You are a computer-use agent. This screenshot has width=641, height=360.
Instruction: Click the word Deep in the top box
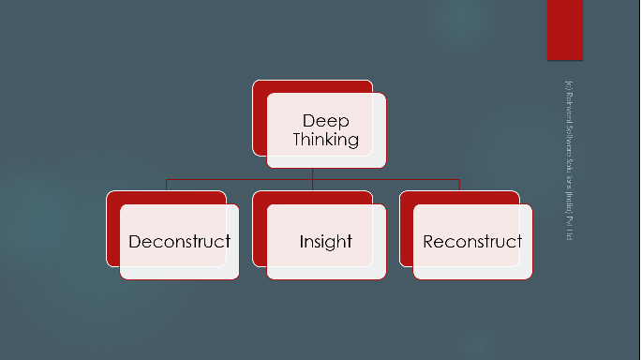click(x=325, y=121)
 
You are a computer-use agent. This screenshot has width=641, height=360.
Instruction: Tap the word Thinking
click(x=325, y=140)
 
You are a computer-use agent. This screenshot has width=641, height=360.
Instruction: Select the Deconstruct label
click(x=179, y=241)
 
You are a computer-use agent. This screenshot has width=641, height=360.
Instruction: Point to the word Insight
click(x=325, y=241)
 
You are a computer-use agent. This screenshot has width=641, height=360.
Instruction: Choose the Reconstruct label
click(x=472, y=241)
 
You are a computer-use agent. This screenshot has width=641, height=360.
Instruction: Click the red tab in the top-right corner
click(x=564, y=28)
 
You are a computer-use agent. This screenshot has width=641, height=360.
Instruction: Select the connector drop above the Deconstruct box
click(x=167, y=185)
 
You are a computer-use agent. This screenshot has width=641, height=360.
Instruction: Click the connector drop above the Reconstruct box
click(x=459, y=185)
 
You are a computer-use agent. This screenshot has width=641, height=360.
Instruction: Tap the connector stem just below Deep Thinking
click(x=313, y=173)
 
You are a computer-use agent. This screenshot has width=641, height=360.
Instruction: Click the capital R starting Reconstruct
click(x=428, y=241)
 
